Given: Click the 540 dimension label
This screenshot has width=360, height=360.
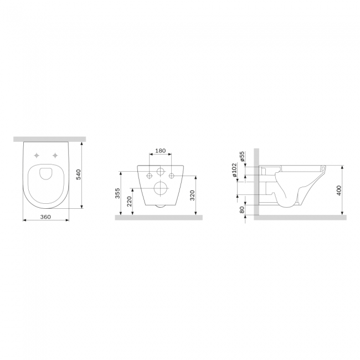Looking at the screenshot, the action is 78,174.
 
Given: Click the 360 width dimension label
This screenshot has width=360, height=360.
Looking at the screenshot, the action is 45,217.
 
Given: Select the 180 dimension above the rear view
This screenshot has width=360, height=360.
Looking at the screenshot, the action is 160,151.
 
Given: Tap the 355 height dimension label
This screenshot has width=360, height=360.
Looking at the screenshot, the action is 117,193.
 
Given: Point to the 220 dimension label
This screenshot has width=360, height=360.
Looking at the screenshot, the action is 129,202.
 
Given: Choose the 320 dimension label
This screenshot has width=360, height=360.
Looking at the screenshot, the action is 192,196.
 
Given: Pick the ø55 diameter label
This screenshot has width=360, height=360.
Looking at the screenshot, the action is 243,156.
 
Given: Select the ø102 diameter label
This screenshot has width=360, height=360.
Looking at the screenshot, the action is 234,170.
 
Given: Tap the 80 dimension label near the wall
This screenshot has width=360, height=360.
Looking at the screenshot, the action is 242,209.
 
